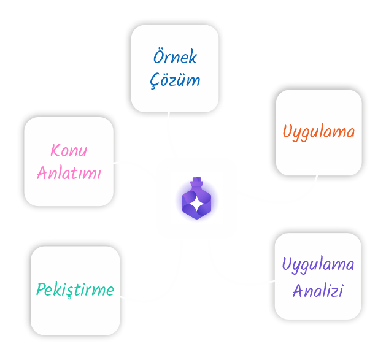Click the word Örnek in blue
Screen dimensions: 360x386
175,58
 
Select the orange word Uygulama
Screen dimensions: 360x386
318,132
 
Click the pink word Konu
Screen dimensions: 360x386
69,150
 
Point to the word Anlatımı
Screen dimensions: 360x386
69,172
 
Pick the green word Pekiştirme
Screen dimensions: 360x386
75,289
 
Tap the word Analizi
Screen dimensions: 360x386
317,290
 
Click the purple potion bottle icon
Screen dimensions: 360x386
196,200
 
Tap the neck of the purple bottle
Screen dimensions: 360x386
196,183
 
